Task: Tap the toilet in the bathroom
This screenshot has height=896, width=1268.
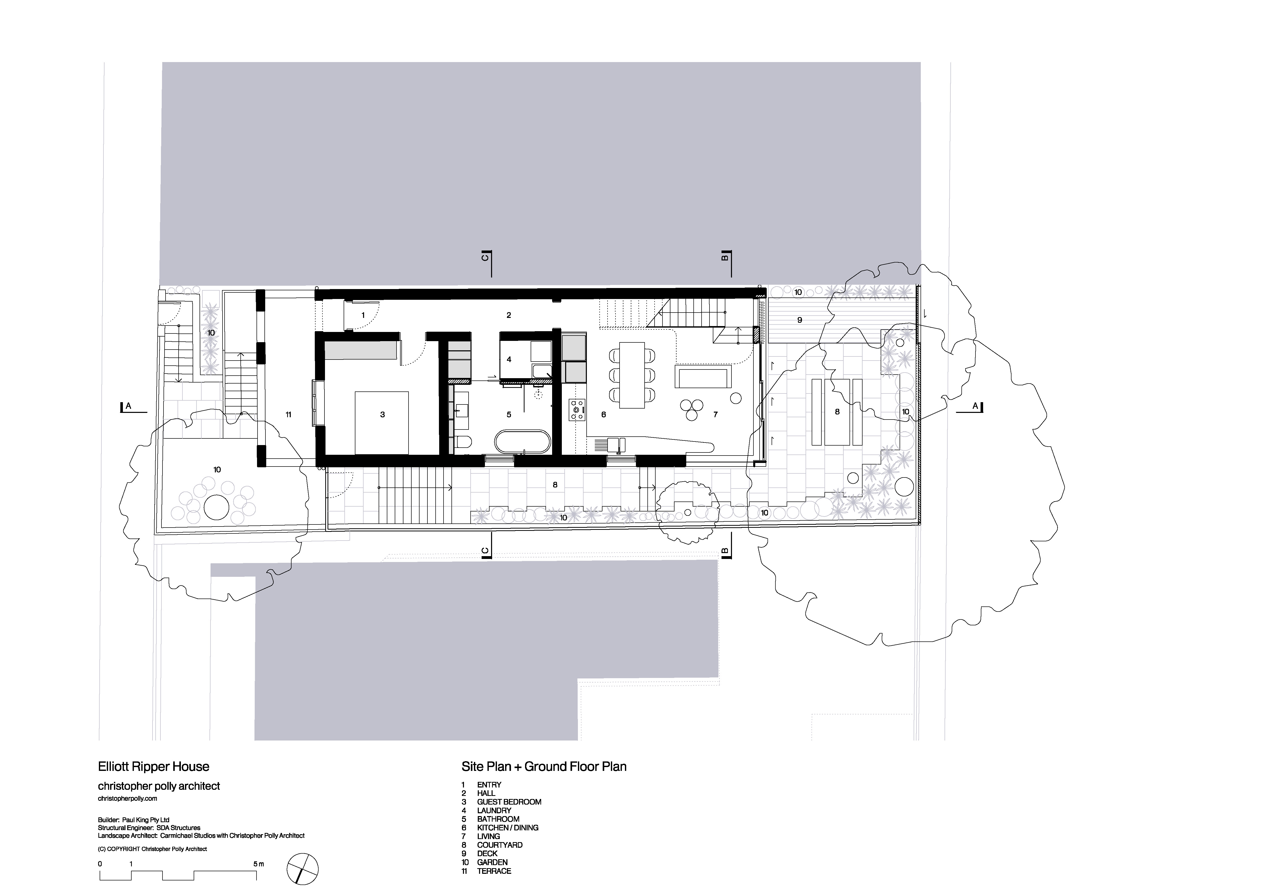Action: point(464,442)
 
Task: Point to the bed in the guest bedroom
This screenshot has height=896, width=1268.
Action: point(382,422)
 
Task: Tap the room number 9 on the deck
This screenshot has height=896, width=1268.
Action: point(800,320)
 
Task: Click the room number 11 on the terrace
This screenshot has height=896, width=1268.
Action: point(288,415)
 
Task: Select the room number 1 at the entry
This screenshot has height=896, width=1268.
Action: point(363,315)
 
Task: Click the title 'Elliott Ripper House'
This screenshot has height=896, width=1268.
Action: point(154,767)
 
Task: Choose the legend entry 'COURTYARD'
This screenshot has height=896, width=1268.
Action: point(499,845)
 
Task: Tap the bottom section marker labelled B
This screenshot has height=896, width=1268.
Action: point(725,551)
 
